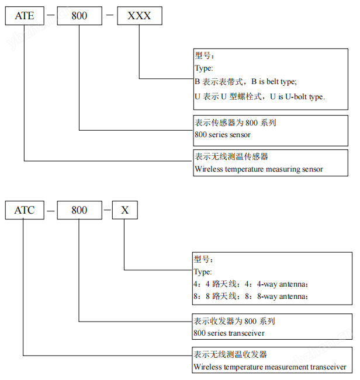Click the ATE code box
[25, 16]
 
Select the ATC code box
[25, 210]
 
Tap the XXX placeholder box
[139, 16]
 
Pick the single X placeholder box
[125, 210]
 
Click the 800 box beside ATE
[79, 16]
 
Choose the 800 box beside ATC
[79, 210]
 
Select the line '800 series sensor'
[222, 135]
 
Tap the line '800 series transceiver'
[229, 333]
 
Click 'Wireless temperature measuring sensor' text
[258, 169]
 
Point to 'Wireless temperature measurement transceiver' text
[270, 367]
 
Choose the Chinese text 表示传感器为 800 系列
[235, 123]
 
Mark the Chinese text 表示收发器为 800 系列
[234, 321]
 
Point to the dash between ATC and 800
[52, 210]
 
